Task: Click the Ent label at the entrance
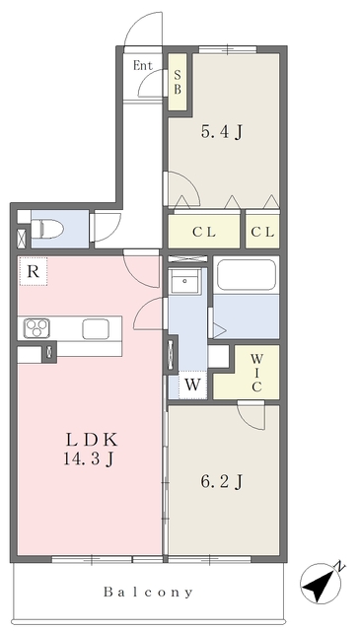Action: click(143, 66)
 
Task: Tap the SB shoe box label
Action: click(178, 82)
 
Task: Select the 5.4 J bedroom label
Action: click(222, 131)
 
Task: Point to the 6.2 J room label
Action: click(222, 481)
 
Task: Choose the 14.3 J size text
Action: click(88, 458)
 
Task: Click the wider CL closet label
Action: click(204, 233)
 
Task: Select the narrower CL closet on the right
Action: click(262, 233)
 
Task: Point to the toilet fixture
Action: click(47, 228)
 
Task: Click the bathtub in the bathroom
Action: click(247, 277)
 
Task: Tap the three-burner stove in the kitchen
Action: click(36, 328)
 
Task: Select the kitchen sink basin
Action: click(96, 328)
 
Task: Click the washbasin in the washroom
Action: click(185, 281)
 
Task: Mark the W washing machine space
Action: click(192, 386)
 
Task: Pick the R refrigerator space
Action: click(34, 272)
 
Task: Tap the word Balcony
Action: click(149, 592)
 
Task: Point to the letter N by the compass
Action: click(340, 568)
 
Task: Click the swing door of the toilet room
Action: click(106, 228)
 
